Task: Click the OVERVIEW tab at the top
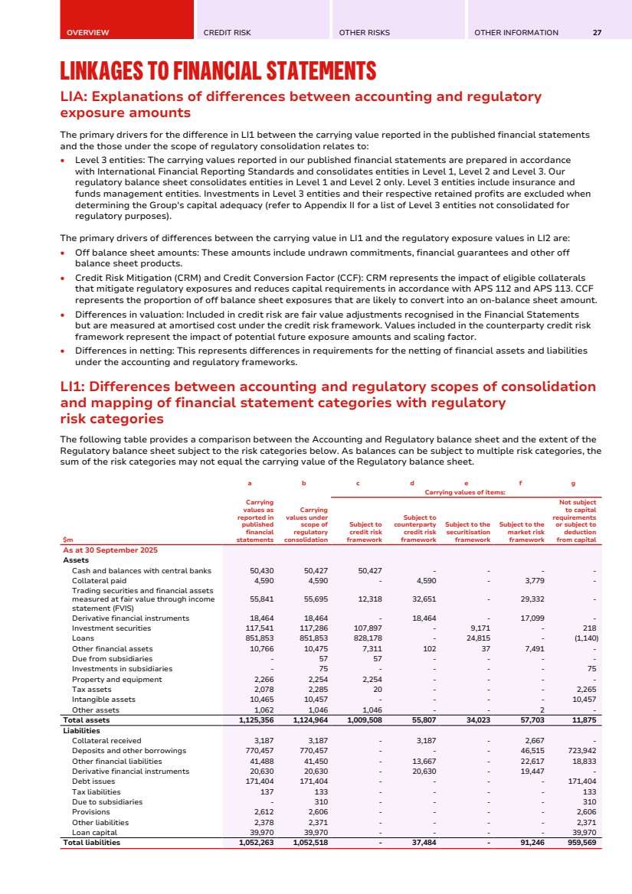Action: coord(87,33)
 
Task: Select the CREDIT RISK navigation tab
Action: coord(227,33)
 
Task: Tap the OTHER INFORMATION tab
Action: coord(516,33)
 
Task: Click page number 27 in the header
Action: coord(597,33)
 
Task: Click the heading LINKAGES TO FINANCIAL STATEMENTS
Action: coord(218,72)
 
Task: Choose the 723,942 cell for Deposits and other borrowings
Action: coord(580,751)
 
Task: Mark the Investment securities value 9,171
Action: coord(479,628)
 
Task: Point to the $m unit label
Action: coord(67,540)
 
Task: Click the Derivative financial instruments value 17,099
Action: coord(529,618)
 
